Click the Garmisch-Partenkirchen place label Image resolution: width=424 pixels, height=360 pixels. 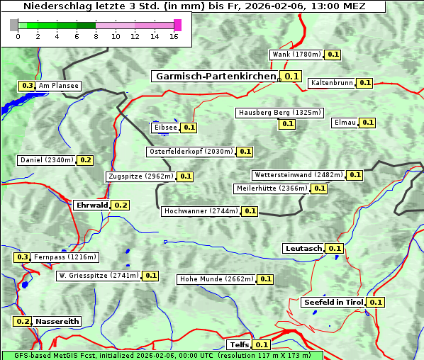(x=215, y=76)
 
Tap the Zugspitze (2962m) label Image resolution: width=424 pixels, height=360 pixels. (x=140, y=176)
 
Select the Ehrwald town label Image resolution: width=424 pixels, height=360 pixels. (x=91, y=205)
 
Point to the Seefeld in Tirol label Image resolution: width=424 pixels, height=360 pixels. (x=333, y=302)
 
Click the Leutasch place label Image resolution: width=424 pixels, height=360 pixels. (x=303, y=248)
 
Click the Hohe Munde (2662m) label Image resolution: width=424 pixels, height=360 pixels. (x=216, y=279)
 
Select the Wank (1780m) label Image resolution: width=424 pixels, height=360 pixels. (x=297, y=55)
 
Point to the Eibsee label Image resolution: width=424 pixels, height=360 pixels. (x=165, y=128)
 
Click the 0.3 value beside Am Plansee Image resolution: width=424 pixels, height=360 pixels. (x=27, y=86)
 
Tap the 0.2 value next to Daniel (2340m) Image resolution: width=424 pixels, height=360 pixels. (x=85, y=160)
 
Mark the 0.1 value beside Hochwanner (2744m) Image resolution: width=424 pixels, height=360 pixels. (x=250, y=211)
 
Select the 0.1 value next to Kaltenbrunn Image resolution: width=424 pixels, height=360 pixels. (x=364, y=83)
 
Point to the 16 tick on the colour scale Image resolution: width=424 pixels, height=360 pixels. (x=174, y=36)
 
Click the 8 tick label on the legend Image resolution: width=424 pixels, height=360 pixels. (x=96, y=36)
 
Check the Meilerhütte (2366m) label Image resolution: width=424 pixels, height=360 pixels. (x=272, y=189)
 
